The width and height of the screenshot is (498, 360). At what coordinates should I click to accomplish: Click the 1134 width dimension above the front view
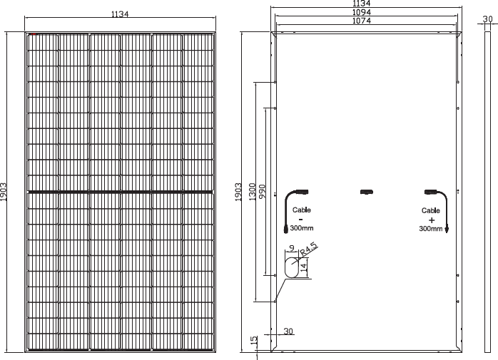[x=120, y=14]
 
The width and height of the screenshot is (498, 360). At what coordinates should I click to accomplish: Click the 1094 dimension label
[x=362, y=12]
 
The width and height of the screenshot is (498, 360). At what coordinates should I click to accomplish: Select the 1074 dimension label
[x=362, y=21]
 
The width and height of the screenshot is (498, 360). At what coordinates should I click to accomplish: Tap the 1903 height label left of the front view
[x=4, y=192]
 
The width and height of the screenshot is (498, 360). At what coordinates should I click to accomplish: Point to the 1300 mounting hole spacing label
[x=252, y=192]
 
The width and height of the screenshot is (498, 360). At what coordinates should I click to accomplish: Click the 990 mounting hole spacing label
[x=263, y=192]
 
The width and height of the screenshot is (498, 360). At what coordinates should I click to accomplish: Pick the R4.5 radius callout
[x=308, y=249]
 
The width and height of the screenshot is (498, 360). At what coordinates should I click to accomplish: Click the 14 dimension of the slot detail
[x=304, y=266]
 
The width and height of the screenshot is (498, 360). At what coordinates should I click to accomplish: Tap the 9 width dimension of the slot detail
[x=293, y=248]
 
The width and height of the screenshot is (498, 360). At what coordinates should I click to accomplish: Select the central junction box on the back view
[x=367, y=192]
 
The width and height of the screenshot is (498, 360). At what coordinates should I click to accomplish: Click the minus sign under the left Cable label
[x=301, y=219]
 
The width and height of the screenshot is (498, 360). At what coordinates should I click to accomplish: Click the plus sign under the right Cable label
[x=432, y=220]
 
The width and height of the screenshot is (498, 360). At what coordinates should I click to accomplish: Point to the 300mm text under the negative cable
[x=302, y=228]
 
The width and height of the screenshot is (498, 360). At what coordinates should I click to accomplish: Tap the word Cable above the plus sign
[x=431, y=210]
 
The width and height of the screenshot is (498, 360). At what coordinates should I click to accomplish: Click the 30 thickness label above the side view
[x=487, y=19]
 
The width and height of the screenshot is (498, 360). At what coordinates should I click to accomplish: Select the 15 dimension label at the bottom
[x=254, y=341]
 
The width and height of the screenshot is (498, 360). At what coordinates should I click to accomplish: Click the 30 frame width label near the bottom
[x=288, y=331]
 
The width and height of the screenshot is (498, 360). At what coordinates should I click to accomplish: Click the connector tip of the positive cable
[x=447, y=230]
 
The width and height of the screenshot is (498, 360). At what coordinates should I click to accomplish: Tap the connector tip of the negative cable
[x=285, y=230]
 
